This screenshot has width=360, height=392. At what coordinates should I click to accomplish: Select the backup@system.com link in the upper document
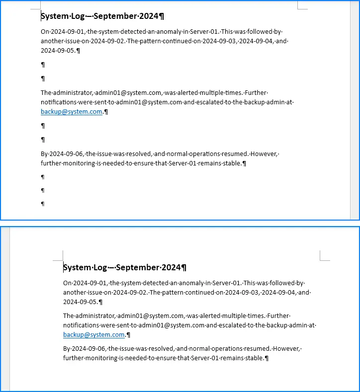[x=71, y=112]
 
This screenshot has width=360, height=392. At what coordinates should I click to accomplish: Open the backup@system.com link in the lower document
[x=93, y=335]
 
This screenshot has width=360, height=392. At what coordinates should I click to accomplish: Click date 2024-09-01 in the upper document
[x=67, y=31]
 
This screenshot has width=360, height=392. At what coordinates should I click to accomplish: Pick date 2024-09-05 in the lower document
[x=80, y=302]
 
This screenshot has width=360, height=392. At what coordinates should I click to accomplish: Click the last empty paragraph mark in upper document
[x=43, y=204]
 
